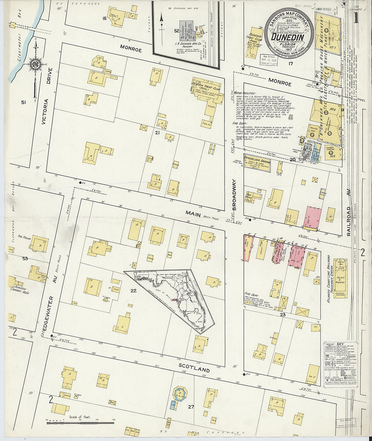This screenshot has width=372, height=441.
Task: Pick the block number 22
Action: click(x=133, y=290)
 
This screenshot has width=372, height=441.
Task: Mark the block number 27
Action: click(x=191, y=407)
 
